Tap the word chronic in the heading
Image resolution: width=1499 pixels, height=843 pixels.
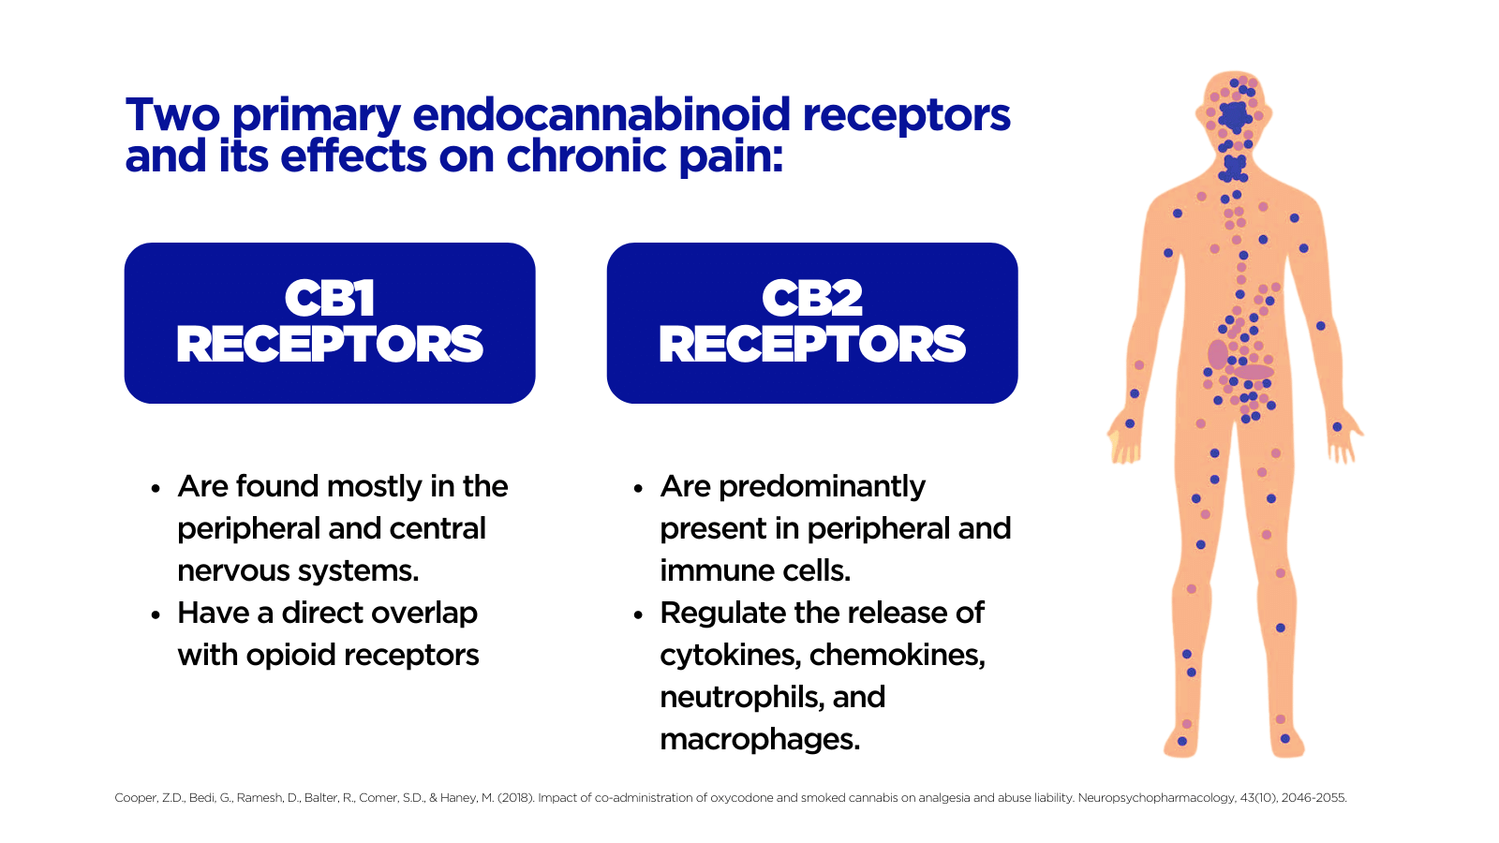(586, 155)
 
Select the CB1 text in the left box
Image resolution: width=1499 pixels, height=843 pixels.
(329, 299)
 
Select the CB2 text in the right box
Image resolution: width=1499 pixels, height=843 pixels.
(811, 299)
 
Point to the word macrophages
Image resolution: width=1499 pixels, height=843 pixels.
(760, 740)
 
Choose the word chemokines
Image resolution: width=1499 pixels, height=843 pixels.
(898, 655)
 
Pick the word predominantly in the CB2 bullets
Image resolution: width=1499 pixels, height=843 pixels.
(822, 487)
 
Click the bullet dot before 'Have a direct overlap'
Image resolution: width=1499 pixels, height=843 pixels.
(156, 614)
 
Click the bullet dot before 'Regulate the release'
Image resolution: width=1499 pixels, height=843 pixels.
(638, 614)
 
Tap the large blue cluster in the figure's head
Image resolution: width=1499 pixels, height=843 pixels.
(1234, 116)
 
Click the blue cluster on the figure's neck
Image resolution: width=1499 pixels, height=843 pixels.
(1233, 168)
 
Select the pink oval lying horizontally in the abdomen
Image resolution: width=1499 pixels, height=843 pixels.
(1253, 372)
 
